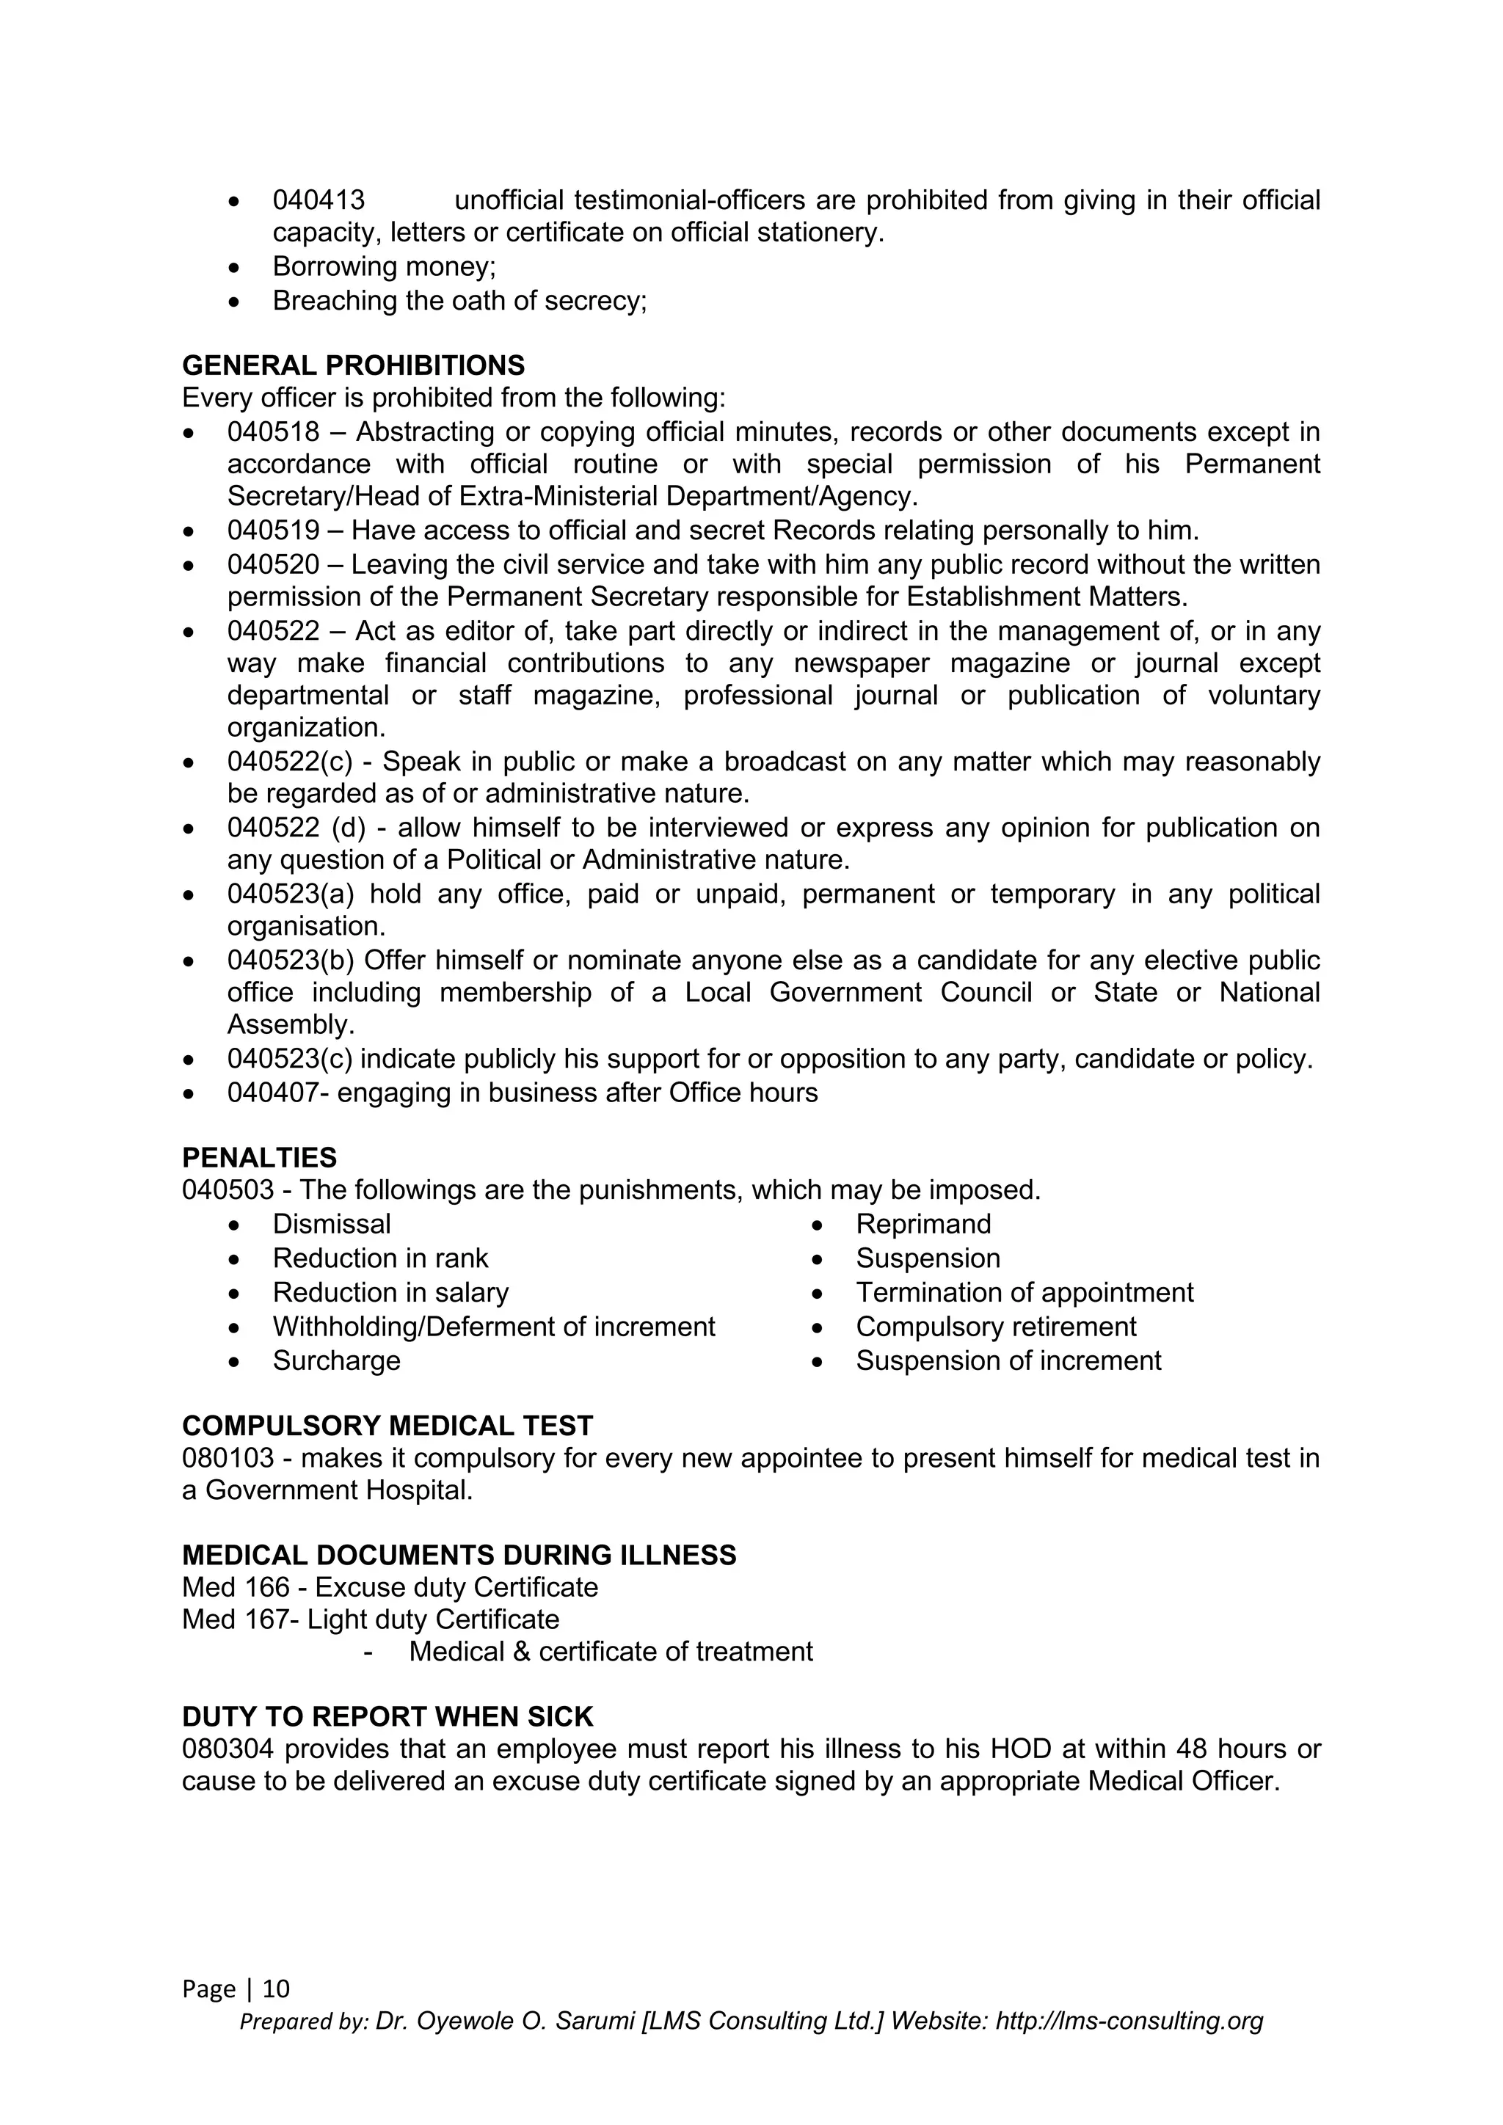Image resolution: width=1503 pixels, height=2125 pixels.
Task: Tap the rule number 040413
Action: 319,200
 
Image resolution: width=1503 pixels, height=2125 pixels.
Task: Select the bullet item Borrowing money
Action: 384,266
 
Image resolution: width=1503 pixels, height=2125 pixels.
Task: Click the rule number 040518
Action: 273,432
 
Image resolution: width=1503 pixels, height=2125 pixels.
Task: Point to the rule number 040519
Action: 273,531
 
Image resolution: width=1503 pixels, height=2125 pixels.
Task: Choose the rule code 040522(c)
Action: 290,762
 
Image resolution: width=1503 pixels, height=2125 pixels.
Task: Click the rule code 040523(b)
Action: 291,961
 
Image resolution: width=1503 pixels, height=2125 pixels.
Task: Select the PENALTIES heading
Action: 259,1158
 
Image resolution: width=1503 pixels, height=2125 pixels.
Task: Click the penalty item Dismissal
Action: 331,1225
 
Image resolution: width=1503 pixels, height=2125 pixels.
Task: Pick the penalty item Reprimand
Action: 922,1225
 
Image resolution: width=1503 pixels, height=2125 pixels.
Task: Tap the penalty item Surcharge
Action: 336,1360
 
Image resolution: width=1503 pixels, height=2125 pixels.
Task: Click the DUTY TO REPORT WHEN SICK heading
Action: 387,1717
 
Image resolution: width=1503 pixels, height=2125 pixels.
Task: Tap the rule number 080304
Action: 228,1749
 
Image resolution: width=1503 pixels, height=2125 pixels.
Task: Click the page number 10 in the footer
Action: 276,1989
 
